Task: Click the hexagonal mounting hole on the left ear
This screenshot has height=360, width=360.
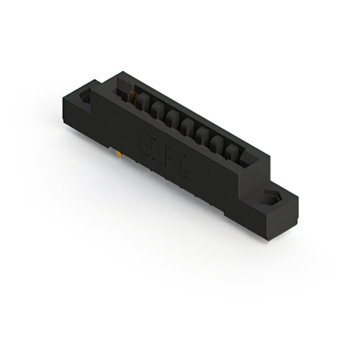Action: tap(86, 97)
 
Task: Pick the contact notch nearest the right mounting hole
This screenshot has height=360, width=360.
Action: tap(232, 151)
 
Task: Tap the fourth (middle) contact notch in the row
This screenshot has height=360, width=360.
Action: tap(187, 127)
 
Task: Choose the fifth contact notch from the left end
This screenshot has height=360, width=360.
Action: tap(202, 135)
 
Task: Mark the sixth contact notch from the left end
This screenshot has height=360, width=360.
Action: tap(217, 143)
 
